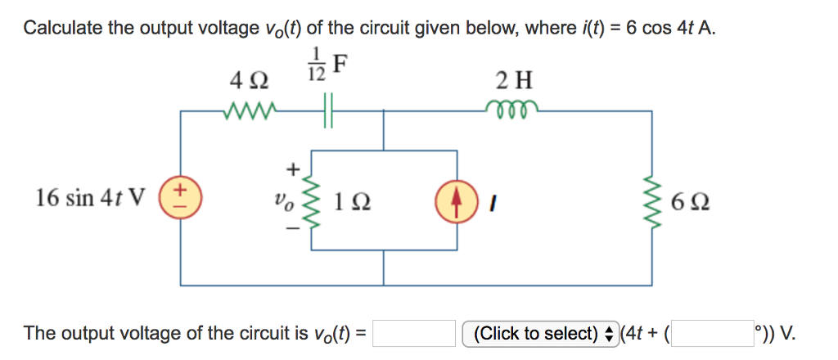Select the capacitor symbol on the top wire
coord(329,110)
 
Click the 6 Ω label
coord(688,200)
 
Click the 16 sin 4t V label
coord(91,199)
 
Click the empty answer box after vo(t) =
coord(414,334)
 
